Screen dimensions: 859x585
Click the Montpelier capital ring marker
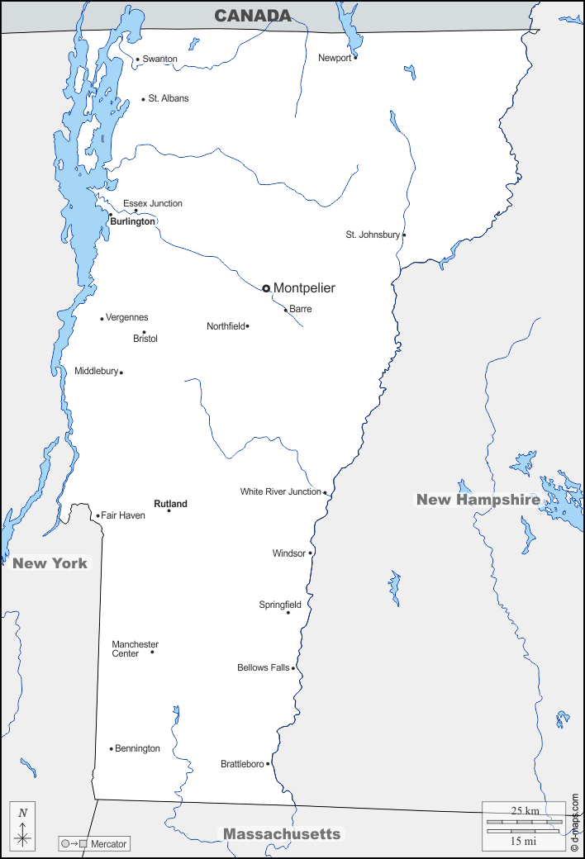pos(266,288)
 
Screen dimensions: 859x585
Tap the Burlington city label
pos(133,221)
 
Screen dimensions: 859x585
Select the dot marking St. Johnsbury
pos(404,235)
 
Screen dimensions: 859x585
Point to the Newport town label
pos(335,58)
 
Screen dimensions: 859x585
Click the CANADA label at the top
pos(253,16)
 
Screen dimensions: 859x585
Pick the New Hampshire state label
pos(478,499)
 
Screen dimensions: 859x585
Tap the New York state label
pos(50,563)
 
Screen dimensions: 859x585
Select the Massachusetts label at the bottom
pos(282,833)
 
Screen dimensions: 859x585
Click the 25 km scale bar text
pos(525,810)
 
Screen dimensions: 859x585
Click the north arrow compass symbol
pos(23,827)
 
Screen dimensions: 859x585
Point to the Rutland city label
pos(170,504)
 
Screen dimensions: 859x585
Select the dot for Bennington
pos(112,749)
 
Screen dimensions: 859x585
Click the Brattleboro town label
pos(242,764)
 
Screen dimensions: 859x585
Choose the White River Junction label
pos(281,491)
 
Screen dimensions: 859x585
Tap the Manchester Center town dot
pos(152,652)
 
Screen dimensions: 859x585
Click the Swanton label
pos(159,59)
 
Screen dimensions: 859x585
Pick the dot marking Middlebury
pos(121,373)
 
